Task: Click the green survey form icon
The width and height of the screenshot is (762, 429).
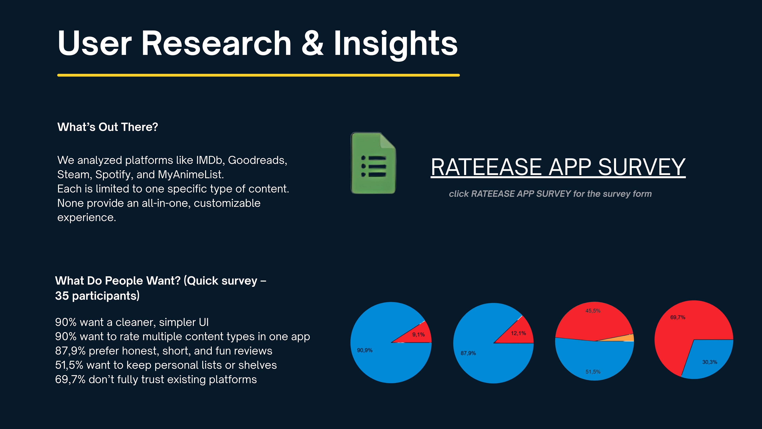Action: click(373, 163)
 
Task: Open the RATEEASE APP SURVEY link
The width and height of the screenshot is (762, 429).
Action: click(558, 167)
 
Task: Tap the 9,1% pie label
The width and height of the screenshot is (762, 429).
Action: click(419, 334)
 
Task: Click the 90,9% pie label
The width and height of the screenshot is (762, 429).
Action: click(365, 350)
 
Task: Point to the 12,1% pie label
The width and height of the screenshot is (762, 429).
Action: click(518, 333)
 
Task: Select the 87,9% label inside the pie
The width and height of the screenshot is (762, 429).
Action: click(468, 353)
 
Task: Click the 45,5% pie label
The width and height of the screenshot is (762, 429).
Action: click(593, 311)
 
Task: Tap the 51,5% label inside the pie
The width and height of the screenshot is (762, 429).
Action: click(593, 372)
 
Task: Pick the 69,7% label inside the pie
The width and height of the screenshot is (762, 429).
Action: click(678, 317)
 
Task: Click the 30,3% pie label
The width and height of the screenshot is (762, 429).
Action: click(710, 362)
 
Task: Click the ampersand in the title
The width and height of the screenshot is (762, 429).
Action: click(313, 43)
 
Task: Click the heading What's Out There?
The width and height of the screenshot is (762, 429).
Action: click(108, 127)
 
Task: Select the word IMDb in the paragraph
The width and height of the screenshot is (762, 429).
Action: click(210, 160)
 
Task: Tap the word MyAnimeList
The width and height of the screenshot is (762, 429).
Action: click(191, 175)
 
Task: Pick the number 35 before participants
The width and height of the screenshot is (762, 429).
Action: click(62, 296)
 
